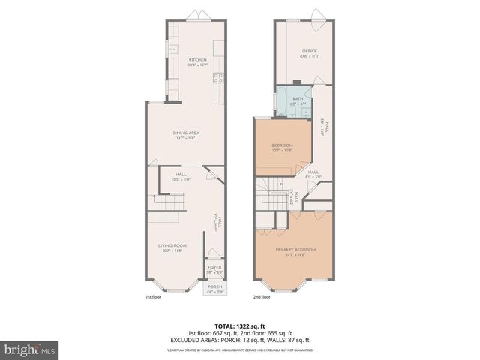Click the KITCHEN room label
(197, 60)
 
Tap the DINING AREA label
(186, 133)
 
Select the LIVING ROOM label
(172, 245)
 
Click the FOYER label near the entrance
(214, 267)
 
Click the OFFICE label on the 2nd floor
(299, 52)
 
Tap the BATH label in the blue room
(298, 98)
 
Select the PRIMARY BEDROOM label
(295, 249)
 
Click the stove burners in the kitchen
(219, 76)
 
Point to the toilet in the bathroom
(292, 112)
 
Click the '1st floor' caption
(153, 297)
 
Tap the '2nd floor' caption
(262, 297)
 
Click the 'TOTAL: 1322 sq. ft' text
(239, 325)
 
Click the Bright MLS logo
(28, 349)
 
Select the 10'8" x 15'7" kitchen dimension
(197, 65)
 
